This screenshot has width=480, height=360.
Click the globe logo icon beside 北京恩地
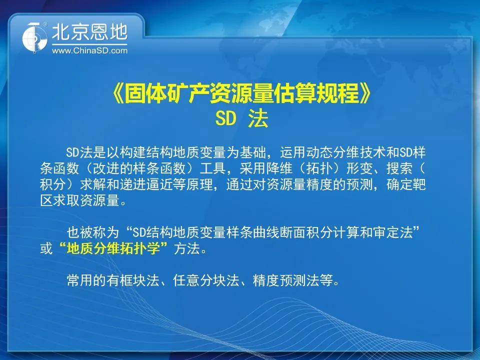[35, 37]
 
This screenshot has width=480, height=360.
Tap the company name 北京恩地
[89, 32]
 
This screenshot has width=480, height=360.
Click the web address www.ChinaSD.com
[89, 50]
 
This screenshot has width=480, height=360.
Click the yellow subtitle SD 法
[242, 118]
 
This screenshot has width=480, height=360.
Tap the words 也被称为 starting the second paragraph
[93, 232]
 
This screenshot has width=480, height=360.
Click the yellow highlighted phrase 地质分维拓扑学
[113, 248]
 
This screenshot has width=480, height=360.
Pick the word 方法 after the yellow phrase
[186, 248]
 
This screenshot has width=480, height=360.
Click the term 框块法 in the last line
[139, 280]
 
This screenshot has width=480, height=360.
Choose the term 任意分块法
[206, 280]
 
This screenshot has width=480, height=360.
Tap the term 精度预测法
[286, 280]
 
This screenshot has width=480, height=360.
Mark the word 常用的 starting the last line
[86, 280]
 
